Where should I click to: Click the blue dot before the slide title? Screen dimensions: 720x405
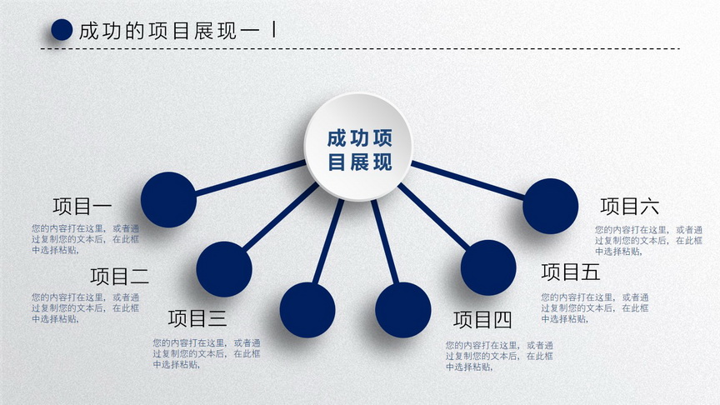pos(62,30)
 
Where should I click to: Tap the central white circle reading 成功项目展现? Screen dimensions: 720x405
pos(358,147)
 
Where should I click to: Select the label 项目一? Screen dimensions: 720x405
pos(82,206)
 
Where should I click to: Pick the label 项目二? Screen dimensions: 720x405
pos(119,276)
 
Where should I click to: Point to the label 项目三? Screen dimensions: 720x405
pos(197,318)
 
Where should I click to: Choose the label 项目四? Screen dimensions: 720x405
pos(482,320)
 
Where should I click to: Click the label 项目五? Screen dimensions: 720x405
pos(570,272)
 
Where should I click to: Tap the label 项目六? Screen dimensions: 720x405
pos(629,206)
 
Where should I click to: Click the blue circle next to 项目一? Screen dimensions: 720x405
pos(168,200)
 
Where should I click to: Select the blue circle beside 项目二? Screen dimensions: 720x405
pos(224,269)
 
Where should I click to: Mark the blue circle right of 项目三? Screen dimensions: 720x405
pos(307,310)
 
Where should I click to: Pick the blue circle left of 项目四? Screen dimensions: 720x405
pos(403,310)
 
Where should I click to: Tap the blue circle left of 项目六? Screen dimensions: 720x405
pos(551,206)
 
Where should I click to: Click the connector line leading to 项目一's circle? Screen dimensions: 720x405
pos(251,178)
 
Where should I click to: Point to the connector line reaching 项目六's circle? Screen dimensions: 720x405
pos(467,180)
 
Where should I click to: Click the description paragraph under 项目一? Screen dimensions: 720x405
pos(85,239)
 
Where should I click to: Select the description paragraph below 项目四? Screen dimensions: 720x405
pos(499,356)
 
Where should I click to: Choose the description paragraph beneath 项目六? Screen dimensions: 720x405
pos(649,240)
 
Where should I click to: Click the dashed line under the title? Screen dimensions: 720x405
pos(360,48)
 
